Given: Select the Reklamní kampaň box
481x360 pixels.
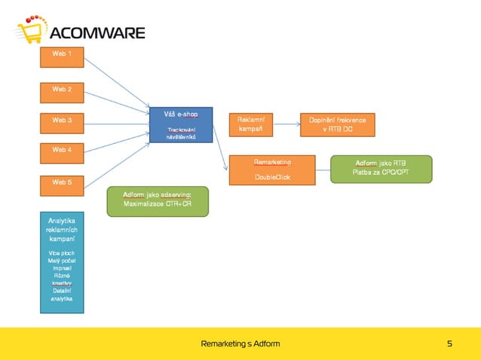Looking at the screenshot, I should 250,124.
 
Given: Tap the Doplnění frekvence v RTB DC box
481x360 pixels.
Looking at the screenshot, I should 337,124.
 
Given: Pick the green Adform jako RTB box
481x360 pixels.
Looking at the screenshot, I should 381,169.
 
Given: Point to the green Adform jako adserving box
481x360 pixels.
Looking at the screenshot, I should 156,201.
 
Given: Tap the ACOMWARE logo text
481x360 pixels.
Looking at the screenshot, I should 97,33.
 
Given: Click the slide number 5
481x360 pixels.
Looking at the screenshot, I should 449,344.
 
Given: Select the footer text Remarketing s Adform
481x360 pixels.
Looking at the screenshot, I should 240,344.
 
